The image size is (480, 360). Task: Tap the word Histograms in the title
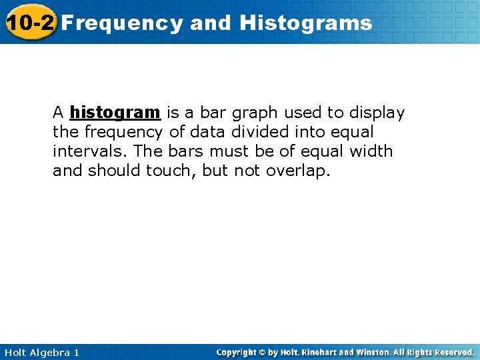click(x=306, y=23)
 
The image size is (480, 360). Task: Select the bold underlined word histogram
click(x=115, y=113)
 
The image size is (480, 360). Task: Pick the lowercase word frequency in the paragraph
click(x=123, y=132)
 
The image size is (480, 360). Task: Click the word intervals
click(x=87, y=151)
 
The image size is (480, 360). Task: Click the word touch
click(x=171, y=171)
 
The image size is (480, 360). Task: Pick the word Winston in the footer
click(x=375, y=352)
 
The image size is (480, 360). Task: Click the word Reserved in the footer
click(x=453, y=352)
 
